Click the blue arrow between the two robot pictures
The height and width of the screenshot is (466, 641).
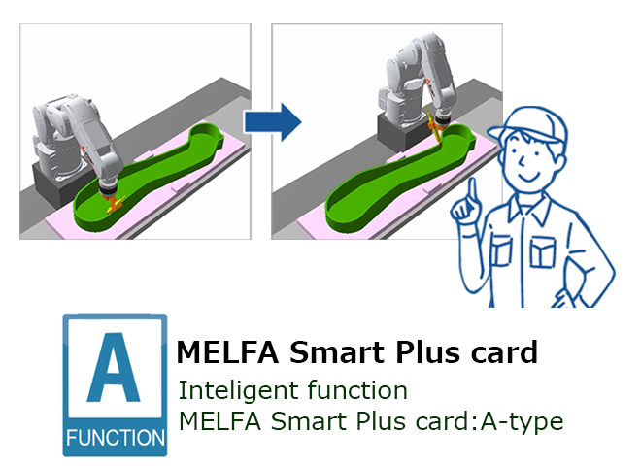point(273,121)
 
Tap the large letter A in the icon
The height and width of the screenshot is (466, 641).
point(114,368)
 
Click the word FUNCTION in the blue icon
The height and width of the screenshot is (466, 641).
point(116,438)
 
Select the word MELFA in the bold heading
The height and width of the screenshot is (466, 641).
point(227,352)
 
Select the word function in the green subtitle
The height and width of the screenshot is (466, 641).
point(357,390)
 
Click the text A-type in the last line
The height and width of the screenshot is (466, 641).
point(522,422)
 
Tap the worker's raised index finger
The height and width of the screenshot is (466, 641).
point(473,192)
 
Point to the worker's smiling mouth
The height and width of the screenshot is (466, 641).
point(530,177)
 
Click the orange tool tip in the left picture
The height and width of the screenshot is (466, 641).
point(114,204)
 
